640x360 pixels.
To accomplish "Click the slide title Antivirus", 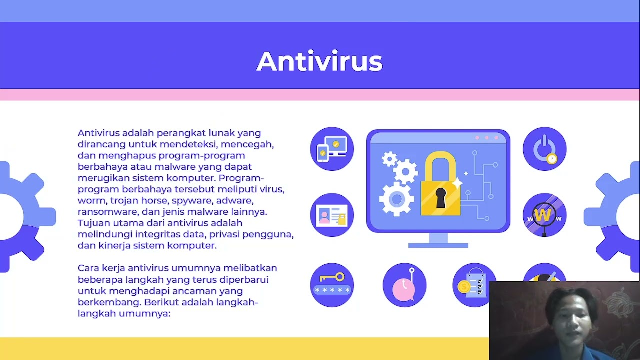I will [x=319, y=61].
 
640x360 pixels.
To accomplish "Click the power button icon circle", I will [x=544, y=149].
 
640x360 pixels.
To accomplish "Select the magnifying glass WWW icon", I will [x=544, y=215].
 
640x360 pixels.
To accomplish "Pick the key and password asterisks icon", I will [x=332, y=284].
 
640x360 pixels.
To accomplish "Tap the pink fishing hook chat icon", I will [x=404, y=285].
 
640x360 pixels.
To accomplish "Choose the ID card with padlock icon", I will [x=332, y=215].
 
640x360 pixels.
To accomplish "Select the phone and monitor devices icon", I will [x=332, y=149].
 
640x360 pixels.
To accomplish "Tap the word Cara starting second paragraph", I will [x=88, y=268].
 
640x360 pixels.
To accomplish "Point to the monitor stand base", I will [x=438, y=245].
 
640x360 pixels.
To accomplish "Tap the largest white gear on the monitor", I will [x=396, y=199].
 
